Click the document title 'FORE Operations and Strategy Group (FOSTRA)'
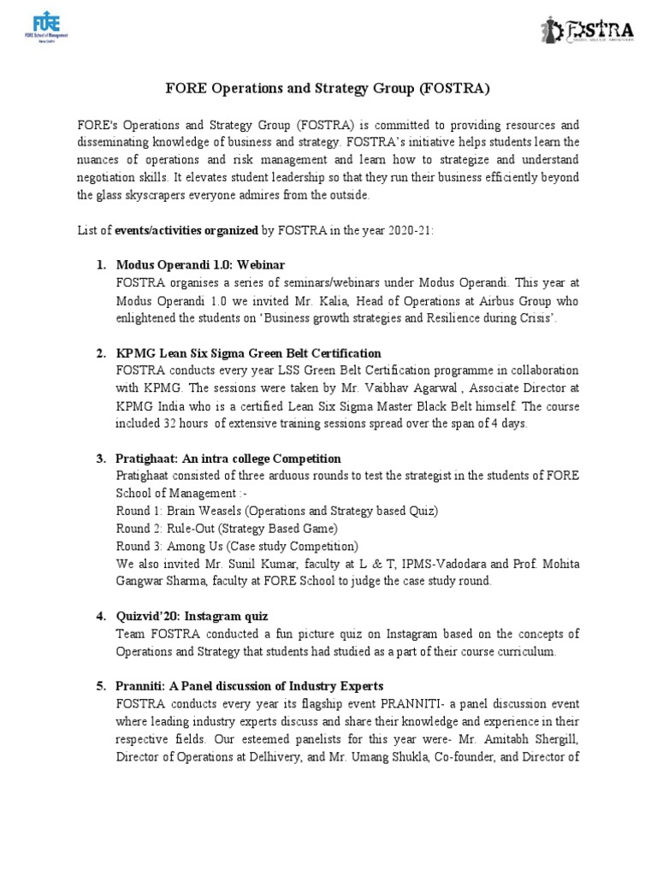pyautogui.click(x=328, y=89)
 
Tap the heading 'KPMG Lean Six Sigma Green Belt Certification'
pyautogui.click(x=248, y=353)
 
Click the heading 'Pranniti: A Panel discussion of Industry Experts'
pyautogui.click(x=249, y=686)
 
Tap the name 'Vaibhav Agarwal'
pyautogui.click(x=493, y=388)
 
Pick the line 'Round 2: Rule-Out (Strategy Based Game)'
pyautogui.click(x=227, y=528)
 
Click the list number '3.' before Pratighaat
pyautogui.click(x=101, y=459)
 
